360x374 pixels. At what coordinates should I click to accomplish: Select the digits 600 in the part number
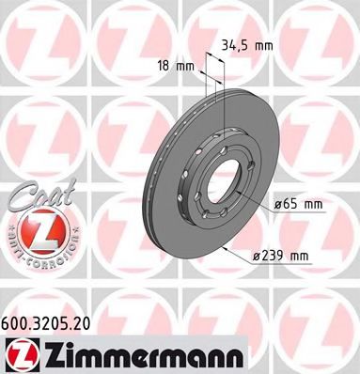point(18,321)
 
